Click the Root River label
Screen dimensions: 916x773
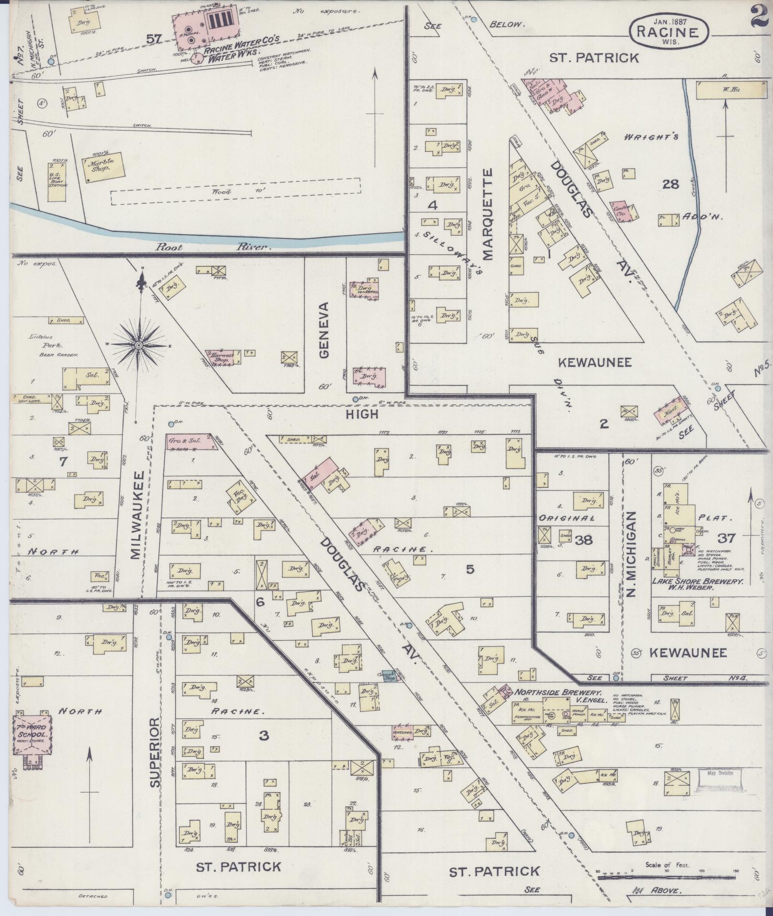214,247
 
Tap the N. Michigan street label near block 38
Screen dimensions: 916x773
630,554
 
